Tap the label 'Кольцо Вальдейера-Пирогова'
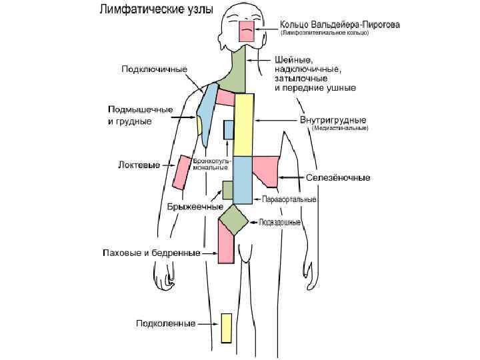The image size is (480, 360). click(x=341, y=25)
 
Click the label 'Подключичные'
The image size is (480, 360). click(x=154, y=69)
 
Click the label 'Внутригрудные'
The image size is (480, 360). click(x=332, y=121)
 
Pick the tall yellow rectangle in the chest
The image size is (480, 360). click(x=244, y=124)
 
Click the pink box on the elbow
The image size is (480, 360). click(x=181, y=173)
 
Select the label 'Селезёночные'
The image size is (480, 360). click(x=338, y=177)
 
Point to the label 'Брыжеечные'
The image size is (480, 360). click(x=195, y=207)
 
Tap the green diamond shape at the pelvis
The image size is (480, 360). click(x=233, y=218)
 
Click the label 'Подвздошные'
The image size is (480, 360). click(x=279, y=223)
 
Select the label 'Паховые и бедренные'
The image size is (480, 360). click(x=151, y=253)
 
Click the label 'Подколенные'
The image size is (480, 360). click(x=165, y=323)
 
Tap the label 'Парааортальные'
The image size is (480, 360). click(x=289, y=199)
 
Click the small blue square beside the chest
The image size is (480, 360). click(x=229, y=129)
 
